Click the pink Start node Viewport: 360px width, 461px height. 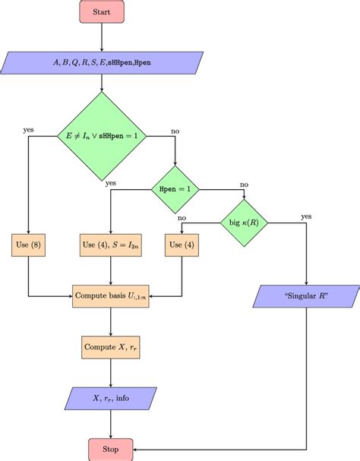point(101,12)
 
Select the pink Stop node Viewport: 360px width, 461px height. point(111,448)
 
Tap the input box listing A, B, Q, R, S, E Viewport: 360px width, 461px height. point(102,62)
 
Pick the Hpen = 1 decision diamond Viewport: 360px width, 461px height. point(175,188)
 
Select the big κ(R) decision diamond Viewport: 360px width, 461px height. point(245,223)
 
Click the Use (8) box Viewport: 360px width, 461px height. point(29,245)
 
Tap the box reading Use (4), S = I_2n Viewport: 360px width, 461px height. point(111,245)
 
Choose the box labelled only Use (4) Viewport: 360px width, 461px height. point(182,245)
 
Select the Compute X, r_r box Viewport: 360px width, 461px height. point(111,346)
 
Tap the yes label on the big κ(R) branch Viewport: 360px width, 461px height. point(306,216)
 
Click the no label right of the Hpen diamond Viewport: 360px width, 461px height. point(244,184)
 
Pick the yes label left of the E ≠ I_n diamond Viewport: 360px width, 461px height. point(29,130)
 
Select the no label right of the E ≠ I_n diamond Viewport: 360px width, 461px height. point(175,131)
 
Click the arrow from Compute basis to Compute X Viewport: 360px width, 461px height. point(111,320)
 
